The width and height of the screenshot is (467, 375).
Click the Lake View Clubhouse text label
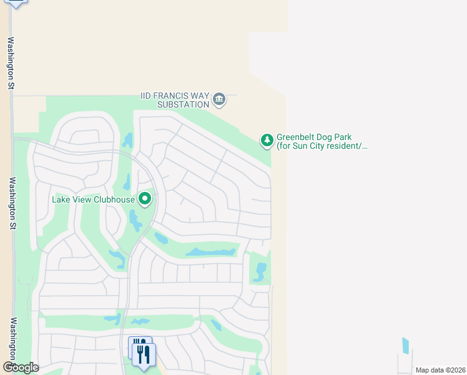tap(94, 199)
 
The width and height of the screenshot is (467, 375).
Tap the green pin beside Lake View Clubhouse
tap(145, 199)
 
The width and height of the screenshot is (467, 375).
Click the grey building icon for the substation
tap(219, 99)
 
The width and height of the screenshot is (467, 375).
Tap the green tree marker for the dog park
tap(267, 141)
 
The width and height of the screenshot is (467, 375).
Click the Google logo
tap(21, 367)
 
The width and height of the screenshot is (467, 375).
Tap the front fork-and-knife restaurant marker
tap(145, 355)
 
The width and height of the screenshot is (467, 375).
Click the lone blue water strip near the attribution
tap(406, 346)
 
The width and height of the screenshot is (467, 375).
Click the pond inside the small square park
tap(260, 271)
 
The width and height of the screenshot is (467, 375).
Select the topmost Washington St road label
tap(11, 62)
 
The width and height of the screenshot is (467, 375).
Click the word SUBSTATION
tap(182, 104)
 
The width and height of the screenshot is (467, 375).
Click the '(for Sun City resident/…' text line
tap(322, 146)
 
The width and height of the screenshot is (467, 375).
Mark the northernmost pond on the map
tap(128, 139)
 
